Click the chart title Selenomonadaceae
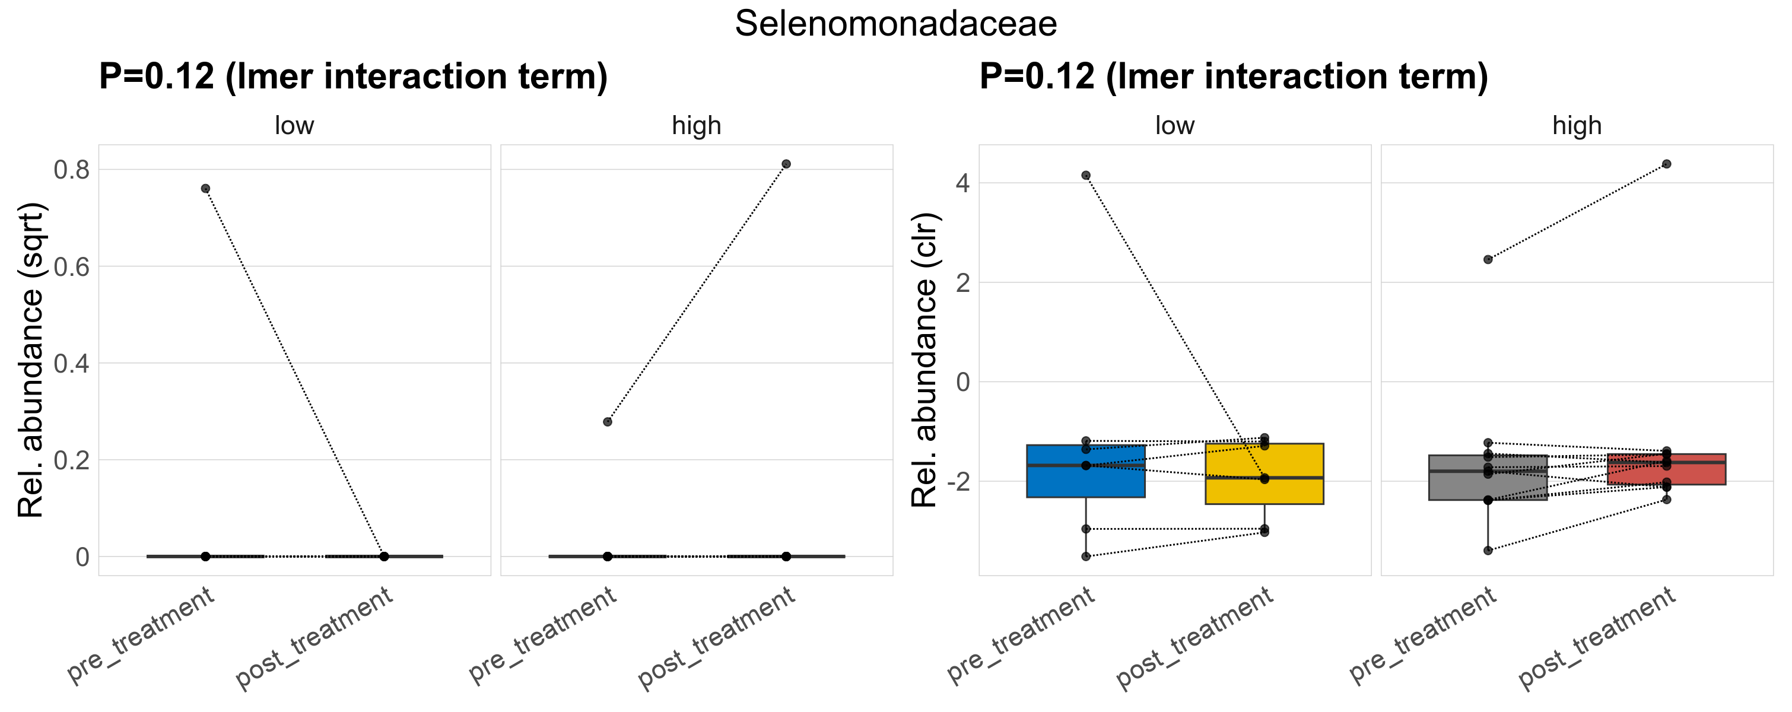click(895, 24)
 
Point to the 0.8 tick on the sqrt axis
click(72, 170)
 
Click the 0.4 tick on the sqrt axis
click(72, 363)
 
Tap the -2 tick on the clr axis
click(957, 481)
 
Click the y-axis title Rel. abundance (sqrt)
click(31, 360)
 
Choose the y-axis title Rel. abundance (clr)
click(924, 360)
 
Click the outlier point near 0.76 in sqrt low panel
click(205, 189)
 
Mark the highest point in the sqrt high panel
click(786, 164)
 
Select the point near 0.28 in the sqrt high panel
click(607, 421)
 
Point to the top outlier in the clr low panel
click(1086, 175)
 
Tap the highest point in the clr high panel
click(1666, 164)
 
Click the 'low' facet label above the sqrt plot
click(294, 126)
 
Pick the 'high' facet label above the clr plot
click(1577, 126)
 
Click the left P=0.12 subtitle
click(352, 77)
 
